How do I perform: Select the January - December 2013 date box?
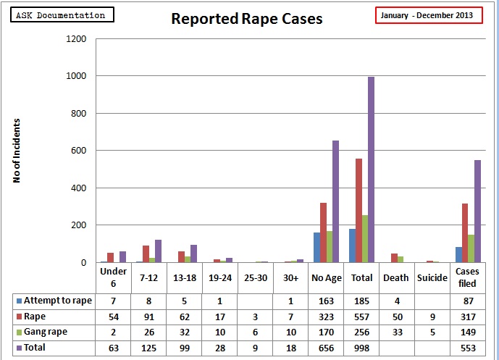429,15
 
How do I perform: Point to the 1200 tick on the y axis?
76,38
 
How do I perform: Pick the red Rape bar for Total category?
358,210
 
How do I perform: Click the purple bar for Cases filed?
477,211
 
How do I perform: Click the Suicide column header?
432,277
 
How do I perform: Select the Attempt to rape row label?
58,300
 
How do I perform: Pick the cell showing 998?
361,348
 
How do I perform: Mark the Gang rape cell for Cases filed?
466,332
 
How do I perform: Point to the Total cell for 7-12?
148,348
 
